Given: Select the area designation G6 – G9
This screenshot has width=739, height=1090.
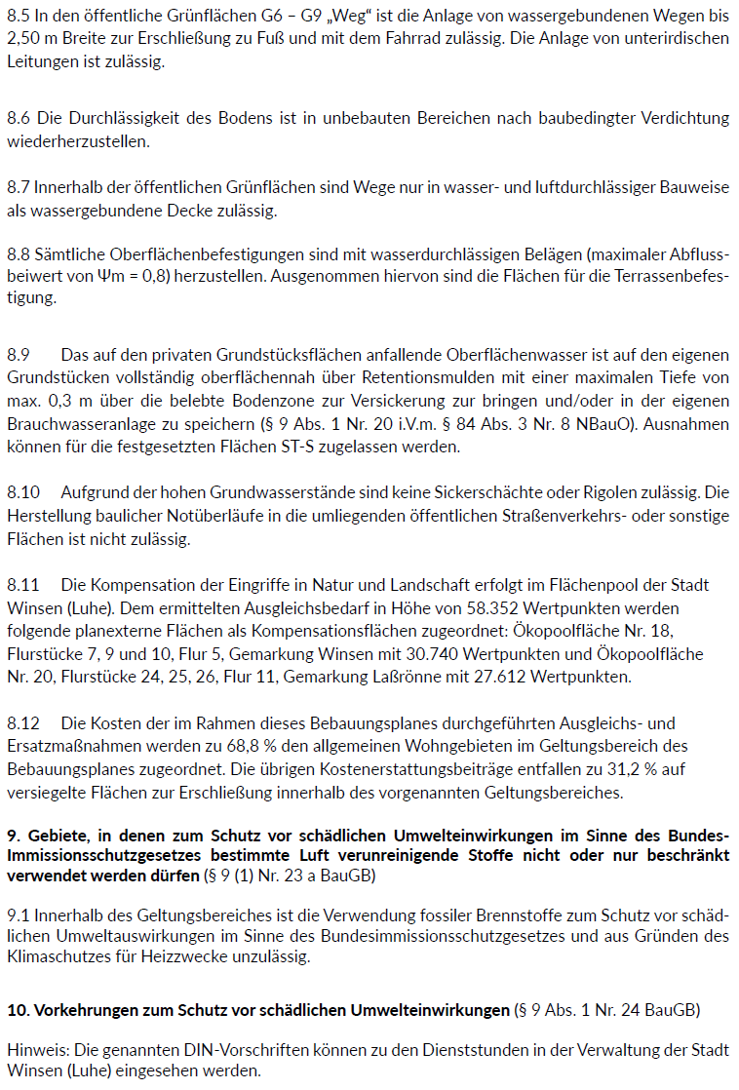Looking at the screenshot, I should (298, 16).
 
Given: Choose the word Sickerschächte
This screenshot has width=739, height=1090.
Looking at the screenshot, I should (526, 492).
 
